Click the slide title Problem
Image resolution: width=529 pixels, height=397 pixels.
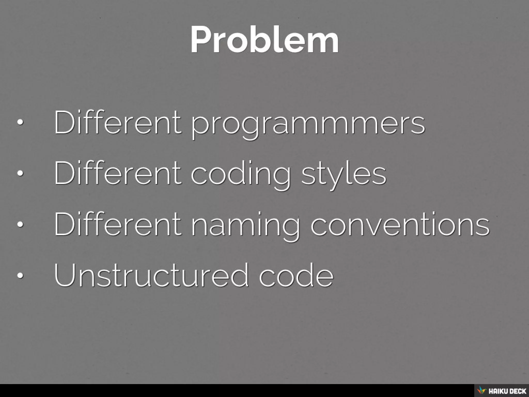264,40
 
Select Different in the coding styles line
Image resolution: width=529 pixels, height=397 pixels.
118,172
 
